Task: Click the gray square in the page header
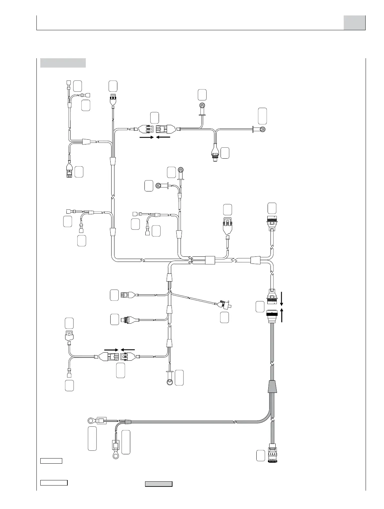(354, 23)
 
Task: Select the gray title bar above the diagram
(63, 63)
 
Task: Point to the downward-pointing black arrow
(281, 299)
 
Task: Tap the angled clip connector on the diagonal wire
(226, 304)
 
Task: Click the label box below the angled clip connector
(224, 317)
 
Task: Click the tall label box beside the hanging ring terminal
(126, 442)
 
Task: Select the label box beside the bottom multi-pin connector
(261, 455)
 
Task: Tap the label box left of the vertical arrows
(260, 307)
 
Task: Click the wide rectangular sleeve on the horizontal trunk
(210, 260)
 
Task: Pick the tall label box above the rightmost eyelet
(262, 116)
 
